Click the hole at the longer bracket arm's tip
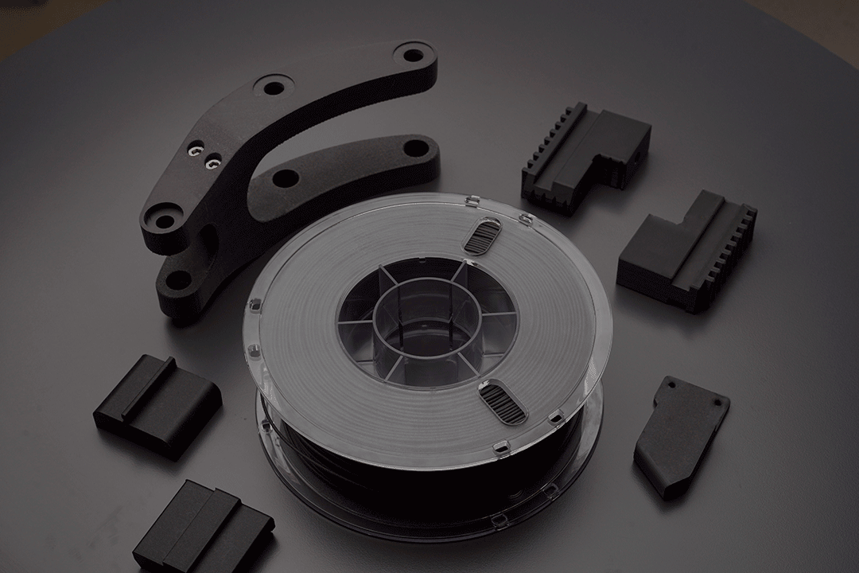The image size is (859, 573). [x=414, y=55]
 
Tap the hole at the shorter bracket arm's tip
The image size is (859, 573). [x=415, y=147]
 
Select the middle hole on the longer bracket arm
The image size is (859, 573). [x=274, y=87]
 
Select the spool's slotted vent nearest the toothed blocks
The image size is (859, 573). [x=483, y=236]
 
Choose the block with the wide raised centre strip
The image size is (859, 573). [x=203, y=529]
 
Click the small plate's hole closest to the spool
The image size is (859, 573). [x=670, y=385]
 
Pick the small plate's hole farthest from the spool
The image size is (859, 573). [x=719, y=403]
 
